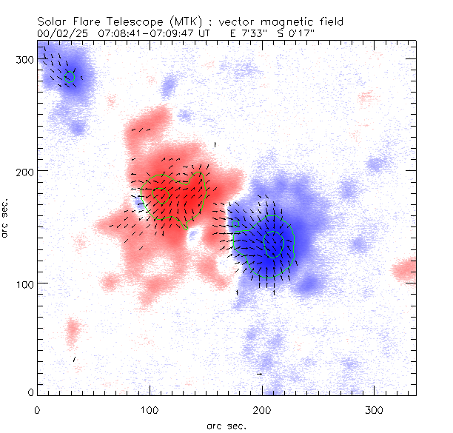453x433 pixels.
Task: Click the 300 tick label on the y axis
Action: pyautogui.click(x=25, y=59)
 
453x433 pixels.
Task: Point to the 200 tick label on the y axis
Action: pyautogui.click(x=25, y=171)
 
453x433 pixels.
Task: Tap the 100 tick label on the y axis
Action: pyautogui.click(x=25, y=283)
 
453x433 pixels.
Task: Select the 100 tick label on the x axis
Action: pyautogui.click(x=149, y=409)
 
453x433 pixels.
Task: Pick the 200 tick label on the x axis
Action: pyautogui.click(x=261, y=409)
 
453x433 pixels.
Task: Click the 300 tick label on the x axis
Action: pyautogui.click(x=373, y=409)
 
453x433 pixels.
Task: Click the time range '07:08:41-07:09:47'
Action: pyautogui.click(x=150, y=33)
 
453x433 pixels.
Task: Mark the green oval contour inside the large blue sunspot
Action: pyautogui.click(x=273, y=244)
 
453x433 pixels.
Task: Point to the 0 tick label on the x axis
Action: pyautogui.click(x=37, y=409)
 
